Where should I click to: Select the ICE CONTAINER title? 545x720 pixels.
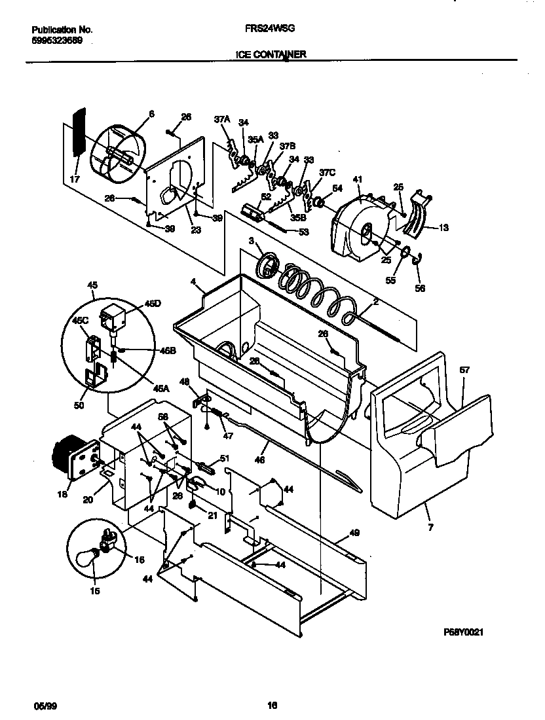tap(271, 56)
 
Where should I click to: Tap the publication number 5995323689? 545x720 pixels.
tap(58, 41)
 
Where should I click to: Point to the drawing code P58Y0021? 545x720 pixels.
tap(463, 633)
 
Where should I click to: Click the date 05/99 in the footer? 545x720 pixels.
tap(42, 705)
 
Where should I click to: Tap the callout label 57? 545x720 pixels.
tap(464, 370)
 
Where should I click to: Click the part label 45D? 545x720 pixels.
tap(152, 304)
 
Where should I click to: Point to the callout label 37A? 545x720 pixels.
tap(222, 119)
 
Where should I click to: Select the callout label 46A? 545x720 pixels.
tap(161, 387)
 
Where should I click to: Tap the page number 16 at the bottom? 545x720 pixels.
tap(272, 705)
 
